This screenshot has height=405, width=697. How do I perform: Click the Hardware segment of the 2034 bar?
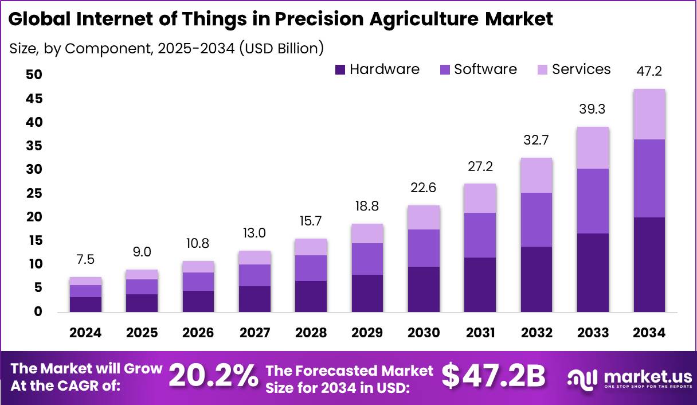[649, 264]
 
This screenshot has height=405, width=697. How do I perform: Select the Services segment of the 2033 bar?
[593, 147]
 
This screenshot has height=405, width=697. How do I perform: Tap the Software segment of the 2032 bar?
[536, 219]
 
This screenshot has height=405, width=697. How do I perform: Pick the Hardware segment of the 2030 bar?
[424, 289]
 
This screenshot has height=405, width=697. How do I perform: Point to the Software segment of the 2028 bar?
[311, 268]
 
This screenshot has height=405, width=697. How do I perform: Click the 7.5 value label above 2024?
[86, 259]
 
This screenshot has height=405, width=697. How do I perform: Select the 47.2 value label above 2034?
[649, 71]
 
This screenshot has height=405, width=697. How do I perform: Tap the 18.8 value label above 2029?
[367, 206]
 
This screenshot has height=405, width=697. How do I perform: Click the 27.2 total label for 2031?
[480, 166]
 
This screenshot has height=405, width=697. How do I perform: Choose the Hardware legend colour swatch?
[340, 70]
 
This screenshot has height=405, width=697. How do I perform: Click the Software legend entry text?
[485, 69]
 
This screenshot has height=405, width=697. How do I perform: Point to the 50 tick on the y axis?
[34, 75]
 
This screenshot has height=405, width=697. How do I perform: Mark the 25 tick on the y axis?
[34, 193]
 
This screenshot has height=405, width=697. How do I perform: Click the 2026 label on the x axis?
[198, 333]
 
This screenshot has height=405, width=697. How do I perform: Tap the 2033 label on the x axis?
[593, 333]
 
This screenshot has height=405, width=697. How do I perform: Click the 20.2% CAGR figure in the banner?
[213, 376]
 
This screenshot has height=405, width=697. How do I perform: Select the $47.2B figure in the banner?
[493, 376]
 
